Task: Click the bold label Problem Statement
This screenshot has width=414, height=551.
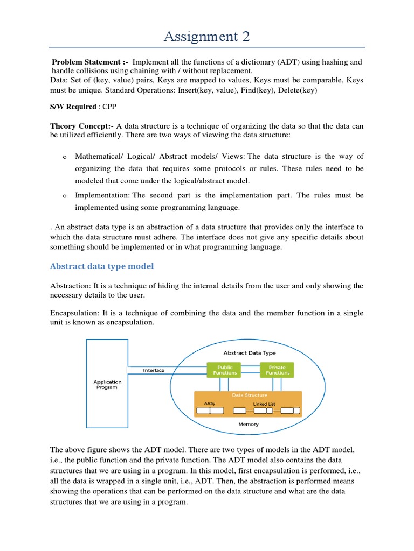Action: pos(89,62)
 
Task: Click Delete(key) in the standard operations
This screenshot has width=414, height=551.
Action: pos(295,90)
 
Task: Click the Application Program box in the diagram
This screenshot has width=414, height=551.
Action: pos(107,385)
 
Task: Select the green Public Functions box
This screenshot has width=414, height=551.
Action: pos(225,370)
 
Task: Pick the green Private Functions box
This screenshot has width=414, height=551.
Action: pos(277,370)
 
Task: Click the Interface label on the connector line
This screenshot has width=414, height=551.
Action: pos(154,370)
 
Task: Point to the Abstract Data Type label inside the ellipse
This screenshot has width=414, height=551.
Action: pos(249,353)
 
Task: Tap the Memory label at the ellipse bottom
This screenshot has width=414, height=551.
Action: pos(249,424)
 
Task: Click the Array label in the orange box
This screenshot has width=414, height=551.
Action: pos(210,402)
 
